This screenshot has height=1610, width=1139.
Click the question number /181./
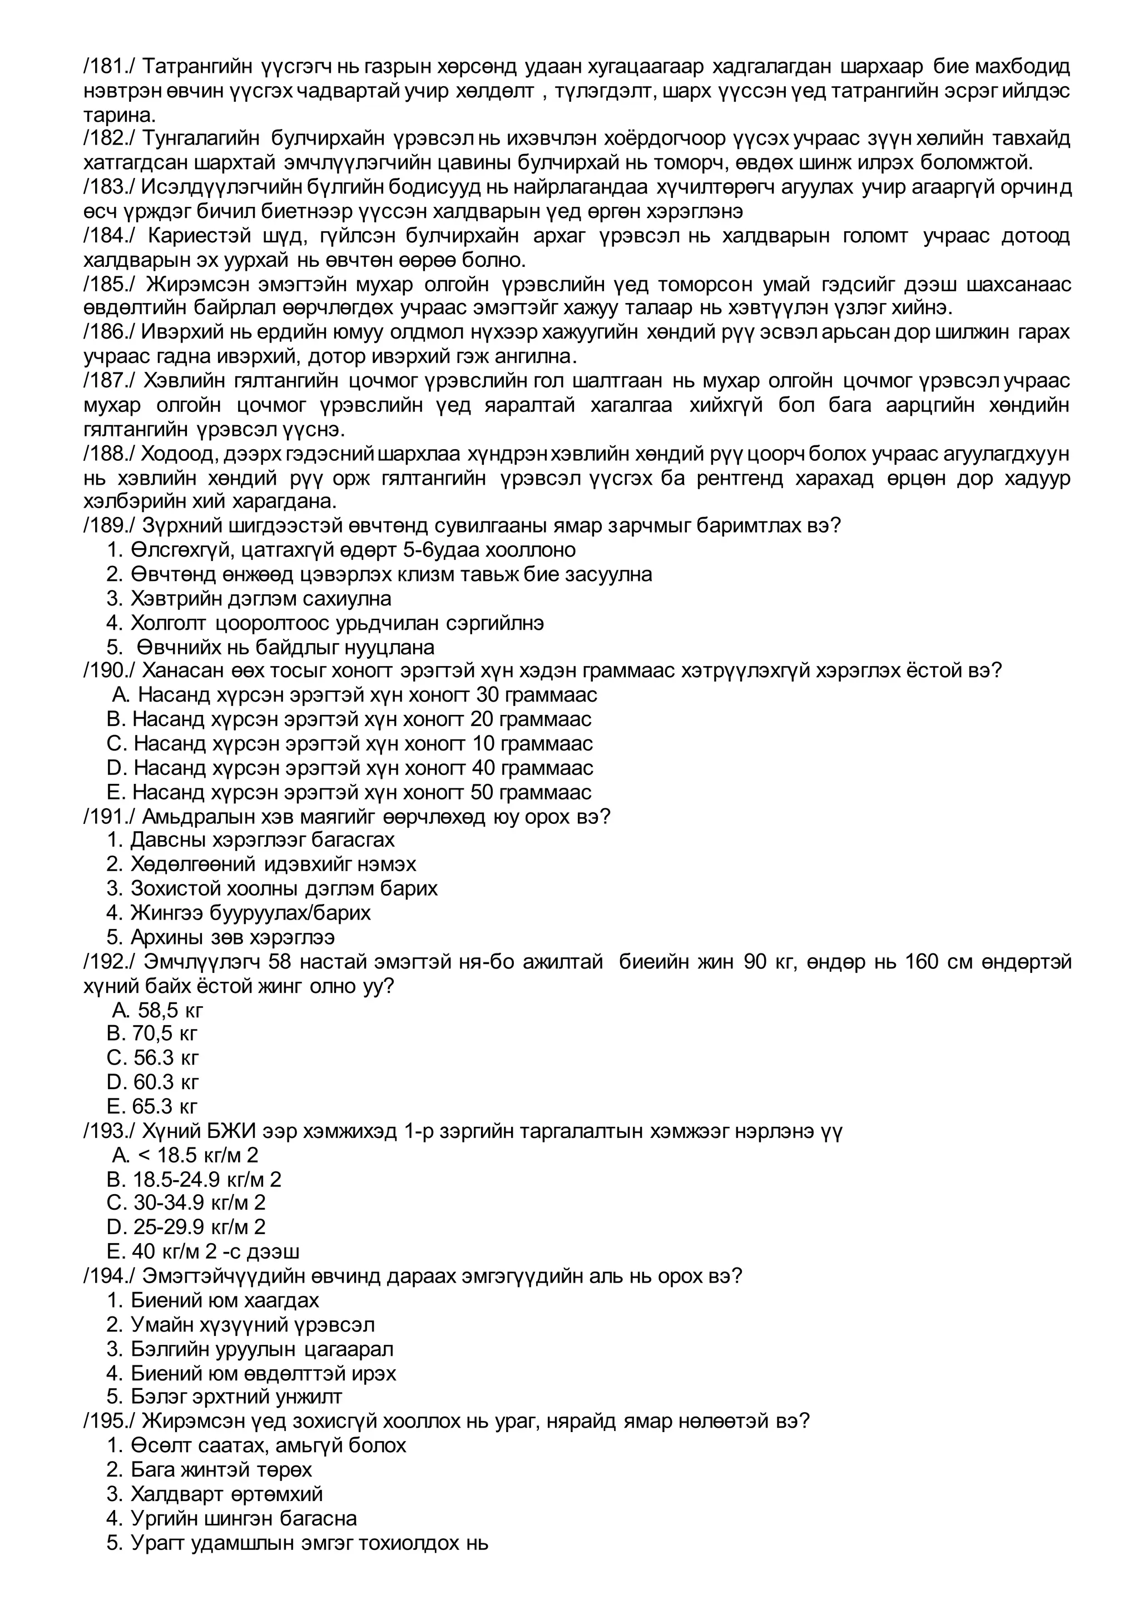click(108, 67)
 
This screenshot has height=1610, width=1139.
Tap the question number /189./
click(108, 525)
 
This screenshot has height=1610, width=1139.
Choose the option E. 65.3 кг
click(153, 1106)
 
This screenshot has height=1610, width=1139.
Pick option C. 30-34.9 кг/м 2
click(186, 1202)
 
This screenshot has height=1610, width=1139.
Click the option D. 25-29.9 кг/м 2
click(186, 1226)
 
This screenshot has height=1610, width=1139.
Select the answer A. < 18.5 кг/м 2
click(185, 1154)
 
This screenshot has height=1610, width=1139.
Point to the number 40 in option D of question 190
click(483, 768)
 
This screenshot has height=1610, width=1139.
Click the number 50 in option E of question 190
click(482, 792)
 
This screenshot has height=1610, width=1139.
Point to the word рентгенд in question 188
click(742, 478)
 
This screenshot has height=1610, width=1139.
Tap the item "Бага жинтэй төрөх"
click(221, 1469)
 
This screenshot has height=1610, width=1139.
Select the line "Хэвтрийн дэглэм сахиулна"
click(260, 599)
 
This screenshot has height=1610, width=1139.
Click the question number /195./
click(108, 1420)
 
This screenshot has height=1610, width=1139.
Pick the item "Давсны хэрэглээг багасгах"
click(263, 840)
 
